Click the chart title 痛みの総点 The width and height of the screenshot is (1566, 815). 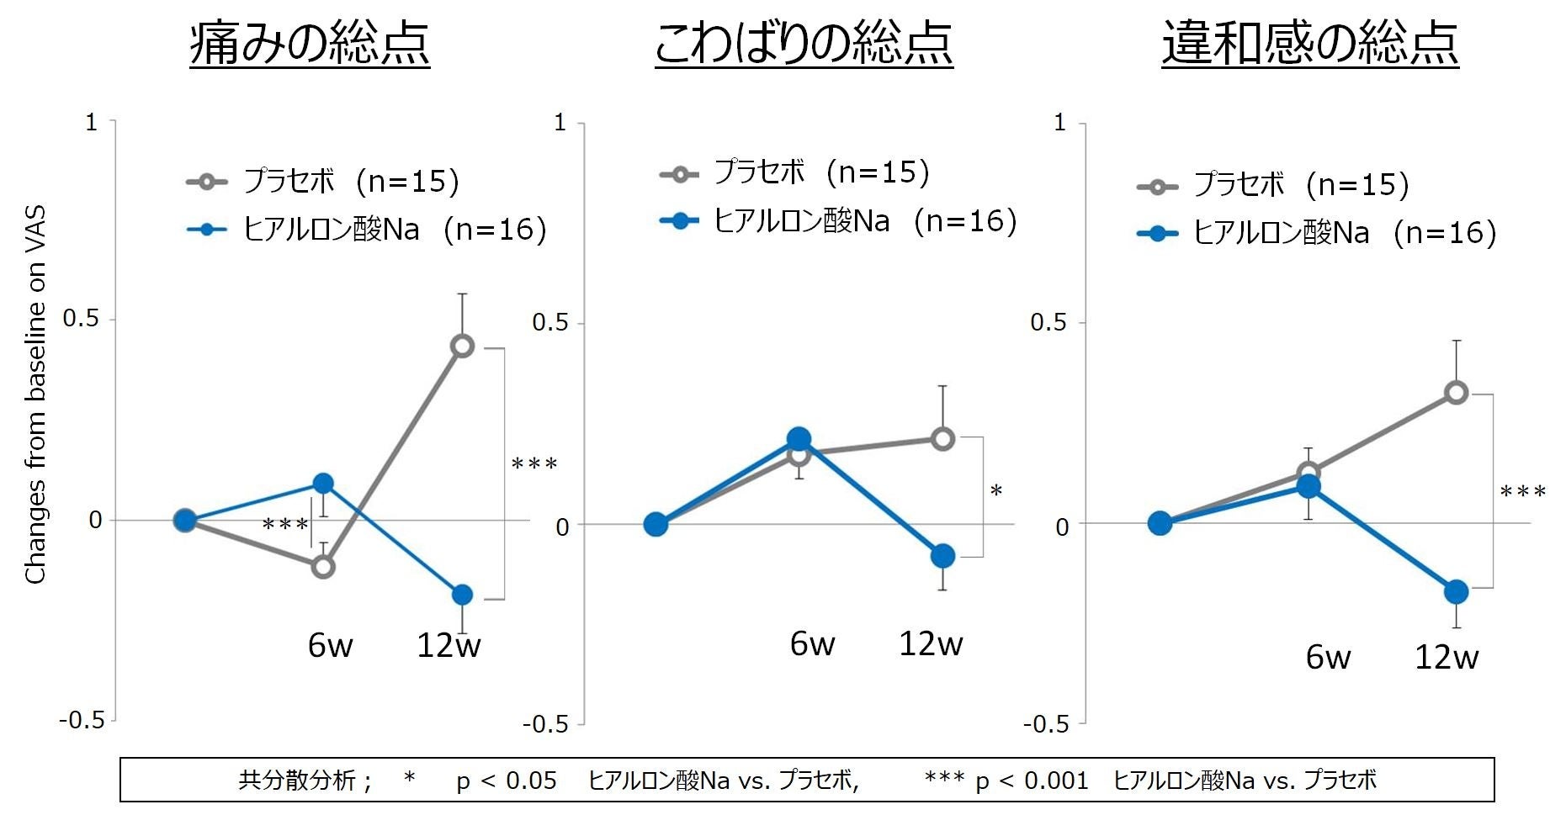point(310,44)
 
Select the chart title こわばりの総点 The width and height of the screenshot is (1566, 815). point(804,44)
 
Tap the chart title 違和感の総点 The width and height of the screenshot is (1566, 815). point(1310,44)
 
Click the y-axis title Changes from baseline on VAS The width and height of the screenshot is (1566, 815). point(35,394)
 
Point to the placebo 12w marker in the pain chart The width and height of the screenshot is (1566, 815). point(462,346)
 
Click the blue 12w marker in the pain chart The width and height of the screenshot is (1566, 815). point(462,595)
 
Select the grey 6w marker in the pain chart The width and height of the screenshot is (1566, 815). point(323,567)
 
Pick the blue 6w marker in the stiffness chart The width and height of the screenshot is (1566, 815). point(799,438)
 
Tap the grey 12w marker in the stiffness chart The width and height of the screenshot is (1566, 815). point(942,438)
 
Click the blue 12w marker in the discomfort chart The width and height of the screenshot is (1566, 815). point(1456,591)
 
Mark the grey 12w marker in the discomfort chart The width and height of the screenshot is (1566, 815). point(1456,392)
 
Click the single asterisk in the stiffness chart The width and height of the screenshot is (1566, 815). point(996,491)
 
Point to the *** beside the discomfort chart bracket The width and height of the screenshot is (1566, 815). point(1522,492)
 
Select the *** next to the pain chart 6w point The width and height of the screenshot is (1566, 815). point(285,526)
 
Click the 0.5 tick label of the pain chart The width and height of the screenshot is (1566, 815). point(81,319)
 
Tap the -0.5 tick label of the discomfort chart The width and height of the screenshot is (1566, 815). point(1046,724)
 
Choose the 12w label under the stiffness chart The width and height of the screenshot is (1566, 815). point(931,644)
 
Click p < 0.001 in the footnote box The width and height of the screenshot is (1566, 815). point(1032,781)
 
